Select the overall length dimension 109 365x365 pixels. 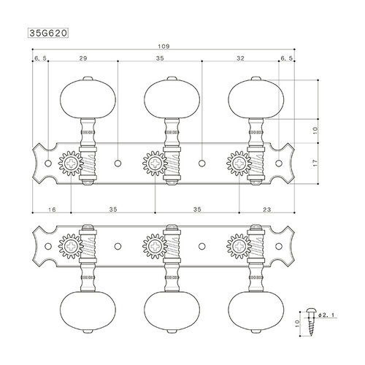pyautogui.click(x=160, y=45)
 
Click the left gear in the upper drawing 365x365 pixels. pyautogui.click(x=70, y=166)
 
